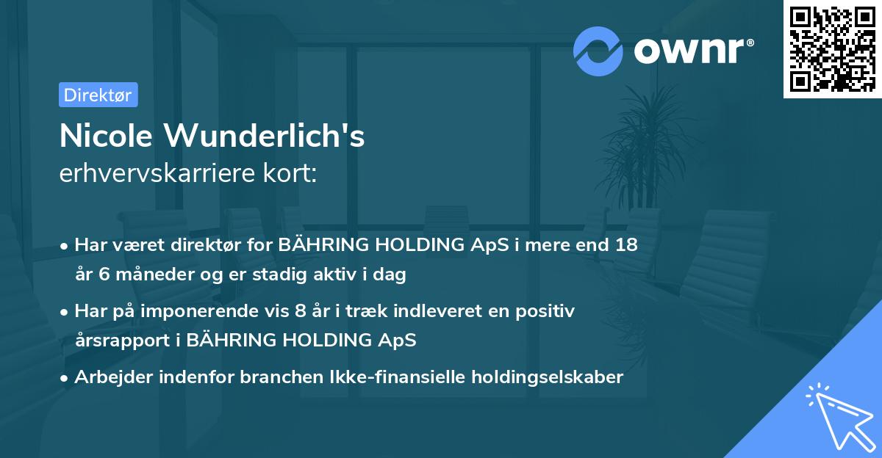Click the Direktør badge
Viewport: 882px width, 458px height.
(x=98, y=95)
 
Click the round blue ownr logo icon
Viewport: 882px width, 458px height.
(x=598, y=51)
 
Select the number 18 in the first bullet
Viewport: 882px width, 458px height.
(x=626, y=245)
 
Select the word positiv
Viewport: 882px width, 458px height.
(x=547, y=310)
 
